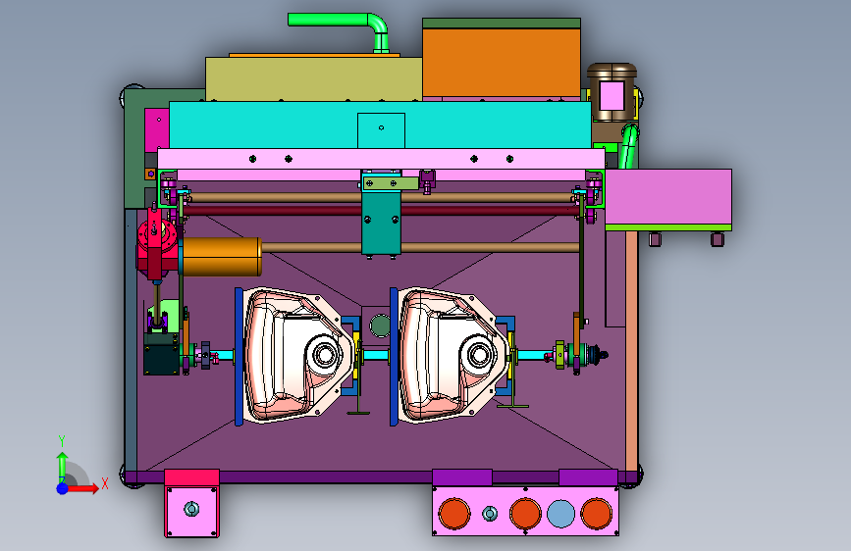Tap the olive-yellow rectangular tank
coord(314,78)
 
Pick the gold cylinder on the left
coord(221,257)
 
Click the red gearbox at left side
coord(156,242)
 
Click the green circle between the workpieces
coord(380,326)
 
